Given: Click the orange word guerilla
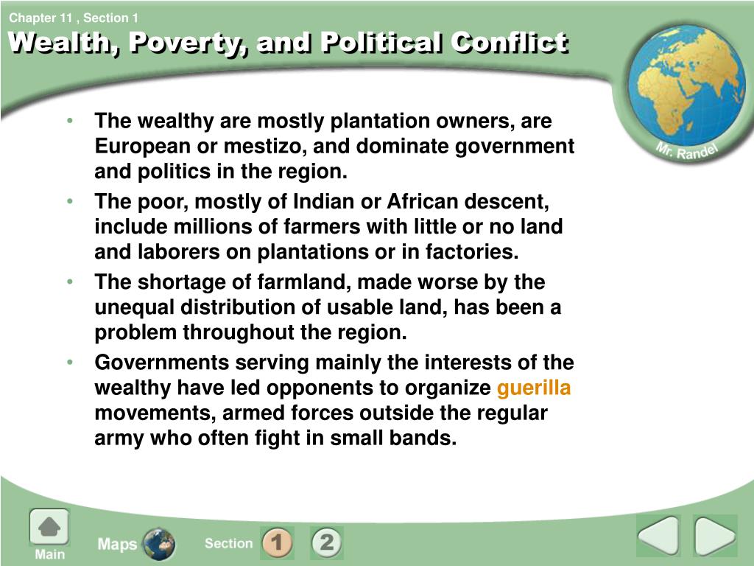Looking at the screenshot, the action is click(x=534, y=388).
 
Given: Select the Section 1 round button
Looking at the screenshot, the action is click(x=277, y=542).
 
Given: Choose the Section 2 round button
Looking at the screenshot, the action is click(x=326, y=542).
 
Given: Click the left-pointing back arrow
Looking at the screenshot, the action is click(x=659, y=536).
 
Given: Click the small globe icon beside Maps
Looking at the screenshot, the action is click(x=159, y=544).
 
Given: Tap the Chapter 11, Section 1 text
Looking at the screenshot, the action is click(x=74, y=18).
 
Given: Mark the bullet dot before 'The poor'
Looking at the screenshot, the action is click(x=70, y=200).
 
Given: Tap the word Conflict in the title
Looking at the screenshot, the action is click(x=510, y=42).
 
